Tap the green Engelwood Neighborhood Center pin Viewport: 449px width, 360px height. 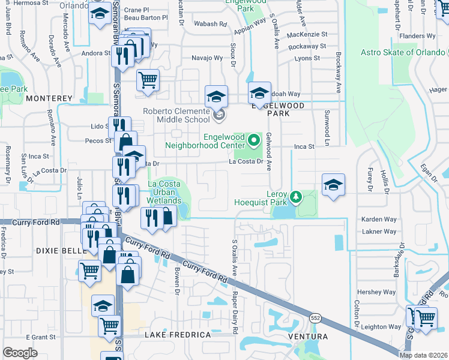254,141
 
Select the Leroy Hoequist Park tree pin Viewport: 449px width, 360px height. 295,197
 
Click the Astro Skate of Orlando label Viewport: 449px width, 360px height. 403,53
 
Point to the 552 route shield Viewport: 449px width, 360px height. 315,317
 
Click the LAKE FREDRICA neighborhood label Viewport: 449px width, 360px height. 178,334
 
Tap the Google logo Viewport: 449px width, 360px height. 20,353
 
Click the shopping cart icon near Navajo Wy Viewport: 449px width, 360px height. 148,79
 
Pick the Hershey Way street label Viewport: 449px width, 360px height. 376,292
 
